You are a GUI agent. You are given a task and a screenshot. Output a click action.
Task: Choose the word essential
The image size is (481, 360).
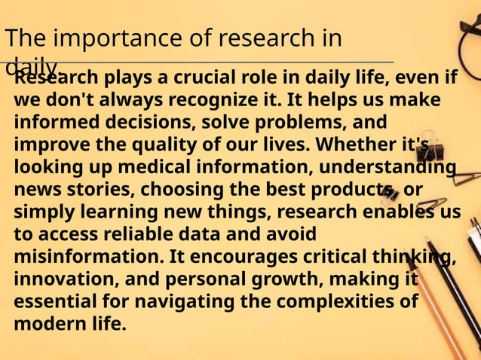tap(52, 302)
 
